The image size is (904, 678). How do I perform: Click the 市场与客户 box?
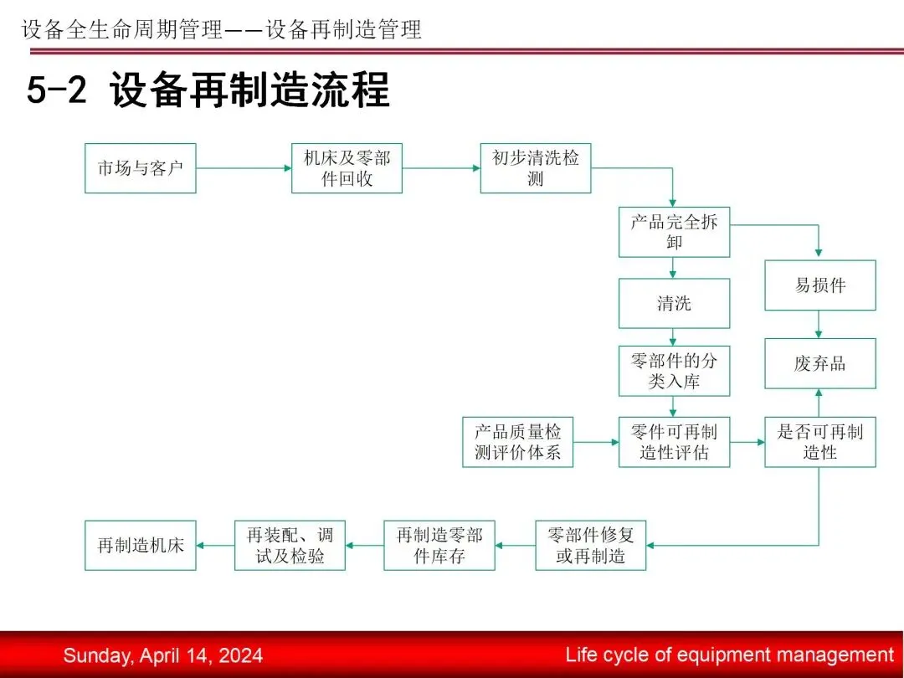140,168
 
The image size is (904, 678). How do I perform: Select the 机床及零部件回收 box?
347,168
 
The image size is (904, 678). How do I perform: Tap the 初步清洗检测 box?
536,168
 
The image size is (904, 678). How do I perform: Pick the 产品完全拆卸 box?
674,232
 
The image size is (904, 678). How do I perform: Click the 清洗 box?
674,303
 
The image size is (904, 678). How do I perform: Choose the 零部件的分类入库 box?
674,371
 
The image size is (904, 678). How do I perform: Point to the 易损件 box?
819,285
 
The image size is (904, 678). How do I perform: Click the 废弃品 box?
819,363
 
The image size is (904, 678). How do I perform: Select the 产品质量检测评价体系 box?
518,442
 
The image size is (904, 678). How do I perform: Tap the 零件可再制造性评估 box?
674,442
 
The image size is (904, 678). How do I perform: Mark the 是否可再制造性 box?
819,442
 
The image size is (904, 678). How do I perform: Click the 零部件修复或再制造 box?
590,546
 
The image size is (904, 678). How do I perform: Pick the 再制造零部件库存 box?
439,546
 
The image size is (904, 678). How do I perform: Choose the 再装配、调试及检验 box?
290,546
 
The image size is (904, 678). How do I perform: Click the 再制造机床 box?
140,546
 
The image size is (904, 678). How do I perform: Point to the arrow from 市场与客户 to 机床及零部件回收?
244,168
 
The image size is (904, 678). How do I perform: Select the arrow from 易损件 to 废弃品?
819,325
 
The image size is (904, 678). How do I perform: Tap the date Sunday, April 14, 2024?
162,655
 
